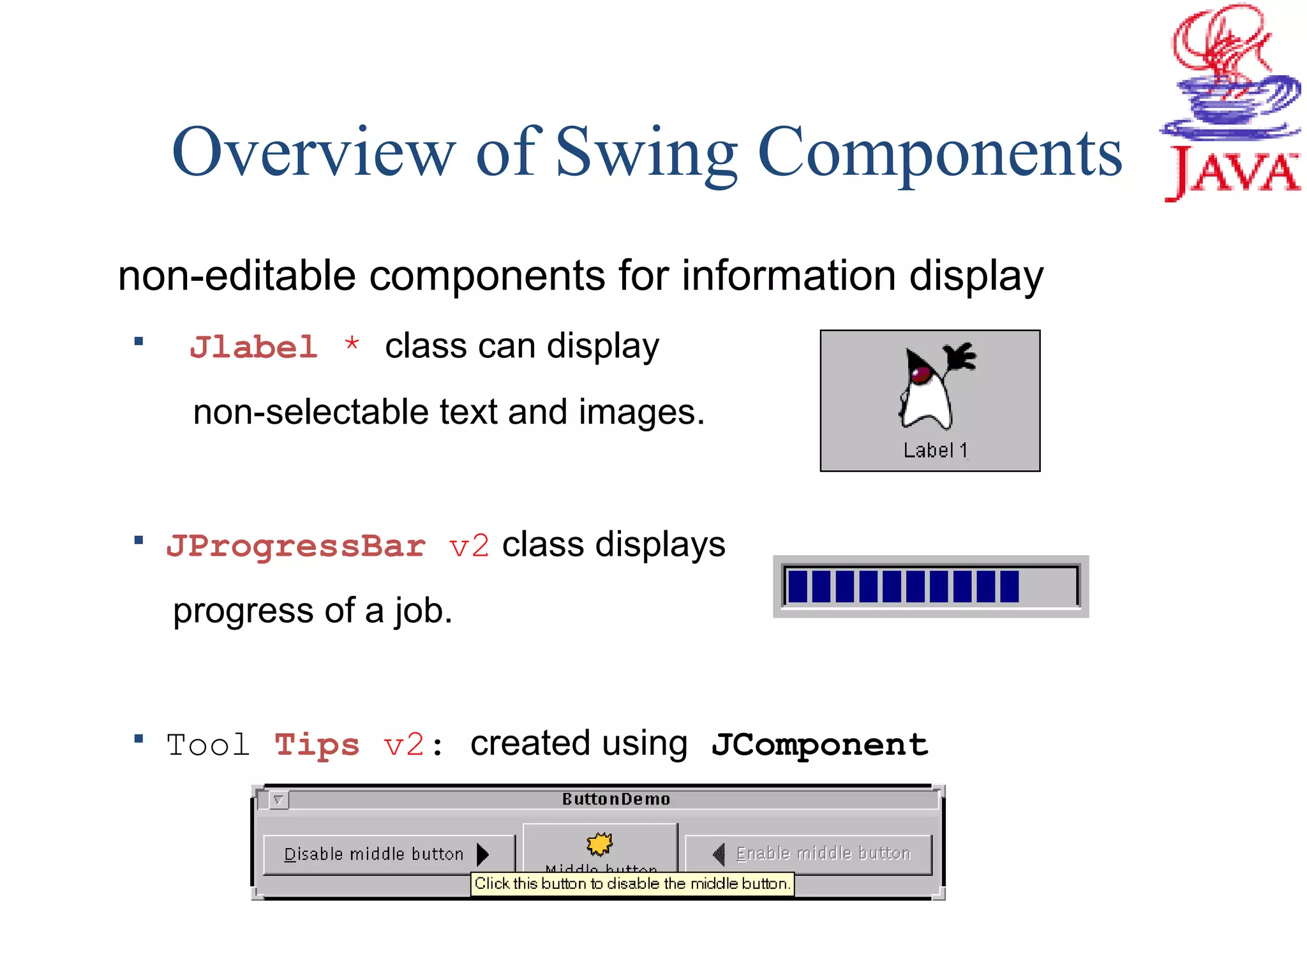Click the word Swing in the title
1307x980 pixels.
click(x=646, y=153)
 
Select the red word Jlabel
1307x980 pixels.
click(x=253, y=348)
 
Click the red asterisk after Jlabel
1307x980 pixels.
click(x=352, y=345)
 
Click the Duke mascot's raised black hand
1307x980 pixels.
click(x=960, y=355)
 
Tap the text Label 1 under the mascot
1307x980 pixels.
click(x=935, y=450)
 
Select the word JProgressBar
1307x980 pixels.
click(x=295, y=546)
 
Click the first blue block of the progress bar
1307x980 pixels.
click(x=798, y=586)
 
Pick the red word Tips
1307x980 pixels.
click(x=317, y=745)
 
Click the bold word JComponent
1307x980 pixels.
click(x=819, y=745)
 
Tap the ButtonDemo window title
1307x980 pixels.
click(x=616, y=799)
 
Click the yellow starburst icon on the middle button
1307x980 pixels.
click(x=599, y=844)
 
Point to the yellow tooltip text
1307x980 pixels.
click(x=632, y=884)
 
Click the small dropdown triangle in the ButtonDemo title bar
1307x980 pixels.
click(x=278, y=799)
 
